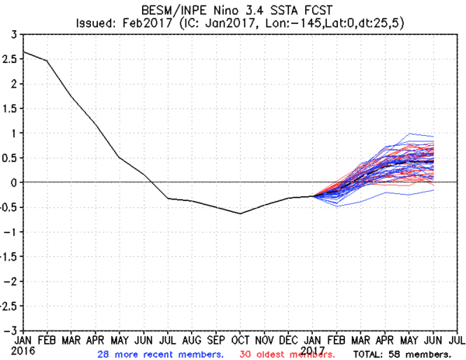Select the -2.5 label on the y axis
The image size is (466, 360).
click(x=9, y=306)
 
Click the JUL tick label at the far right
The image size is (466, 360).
click(x=457, y=340)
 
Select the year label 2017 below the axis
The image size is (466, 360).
click(x=313, y=350)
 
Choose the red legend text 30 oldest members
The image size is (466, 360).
click(x=287, y=354)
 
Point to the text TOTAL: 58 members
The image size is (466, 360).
click(x=401, y=354)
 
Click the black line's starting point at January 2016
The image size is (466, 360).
click(x=25, y=52)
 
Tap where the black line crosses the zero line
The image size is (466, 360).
click(x=151, y=182)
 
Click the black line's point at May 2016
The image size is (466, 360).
click(x=120, y=157)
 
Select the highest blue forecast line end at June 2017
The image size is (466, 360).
click(x=433, y=137)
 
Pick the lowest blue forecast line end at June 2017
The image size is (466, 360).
click(x=433, y=190)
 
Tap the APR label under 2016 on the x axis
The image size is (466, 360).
click(x=96, y=340)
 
